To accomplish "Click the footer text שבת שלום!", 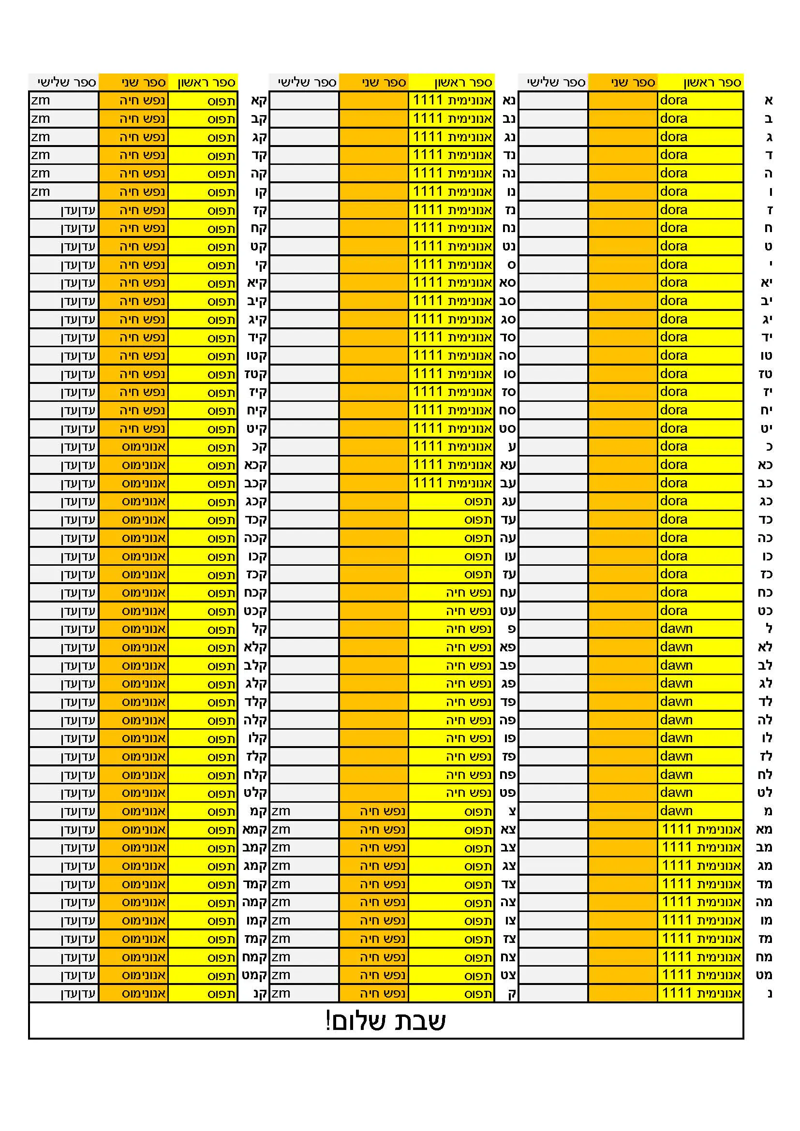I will coord(385,1022).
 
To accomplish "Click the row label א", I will coord(768,101).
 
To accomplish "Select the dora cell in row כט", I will coord(699,611).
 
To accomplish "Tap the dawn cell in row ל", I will coord(699,629).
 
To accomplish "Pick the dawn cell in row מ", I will coord(699,811).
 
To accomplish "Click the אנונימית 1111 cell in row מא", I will coord(700,830).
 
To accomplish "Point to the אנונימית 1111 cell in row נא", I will coord(451,101).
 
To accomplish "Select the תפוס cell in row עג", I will coord(451,501).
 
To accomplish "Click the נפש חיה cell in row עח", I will coord(451,593).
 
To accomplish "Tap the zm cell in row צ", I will coord(304,811).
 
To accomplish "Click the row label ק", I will coord(511,994).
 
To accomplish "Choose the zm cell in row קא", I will coord(63,101).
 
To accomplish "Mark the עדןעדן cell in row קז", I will coord(63,210).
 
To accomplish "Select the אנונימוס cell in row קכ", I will coord(133,447).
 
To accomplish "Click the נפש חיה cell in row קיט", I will coord(133,428).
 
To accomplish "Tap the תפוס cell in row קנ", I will coord(203,994).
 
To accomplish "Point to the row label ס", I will coord(511,265).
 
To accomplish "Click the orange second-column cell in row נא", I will coord(373,101).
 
